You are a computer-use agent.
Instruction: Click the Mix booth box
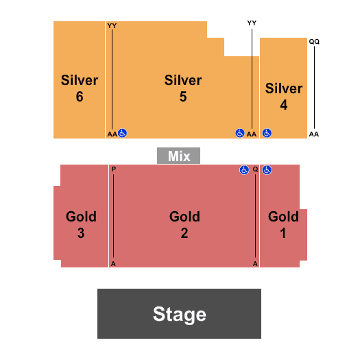tap(178, 156)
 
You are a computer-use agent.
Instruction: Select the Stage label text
tap(179, 314)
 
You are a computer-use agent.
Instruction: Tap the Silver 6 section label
tap(80, 88)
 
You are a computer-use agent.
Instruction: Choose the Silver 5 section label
tap(183, 88)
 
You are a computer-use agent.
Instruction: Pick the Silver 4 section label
tap(284, 97)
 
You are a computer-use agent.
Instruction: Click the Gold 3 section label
tap(81, 224)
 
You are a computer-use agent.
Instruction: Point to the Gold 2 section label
tap(184, 224)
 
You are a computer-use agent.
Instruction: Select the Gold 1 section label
tap(283, 224)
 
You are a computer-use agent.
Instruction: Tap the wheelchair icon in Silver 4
tap(267, 133)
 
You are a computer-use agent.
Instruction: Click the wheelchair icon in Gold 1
tap(267, 170)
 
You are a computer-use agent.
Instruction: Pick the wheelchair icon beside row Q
tap(244, 170)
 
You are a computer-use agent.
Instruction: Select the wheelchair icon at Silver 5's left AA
tap(122, 133)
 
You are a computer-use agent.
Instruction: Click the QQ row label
tap(314, 42)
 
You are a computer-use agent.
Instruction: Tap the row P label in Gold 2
tap(114, 169)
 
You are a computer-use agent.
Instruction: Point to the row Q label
tap(255, 169)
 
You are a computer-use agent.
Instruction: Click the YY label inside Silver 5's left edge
tap(112, 26)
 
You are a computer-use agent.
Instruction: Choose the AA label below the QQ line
tap(314, 134)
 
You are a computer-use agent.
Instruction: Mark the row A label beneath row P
tap(113, 264)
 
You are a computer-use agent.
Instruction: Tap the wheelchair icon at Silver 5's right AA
tap(240, 133)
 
